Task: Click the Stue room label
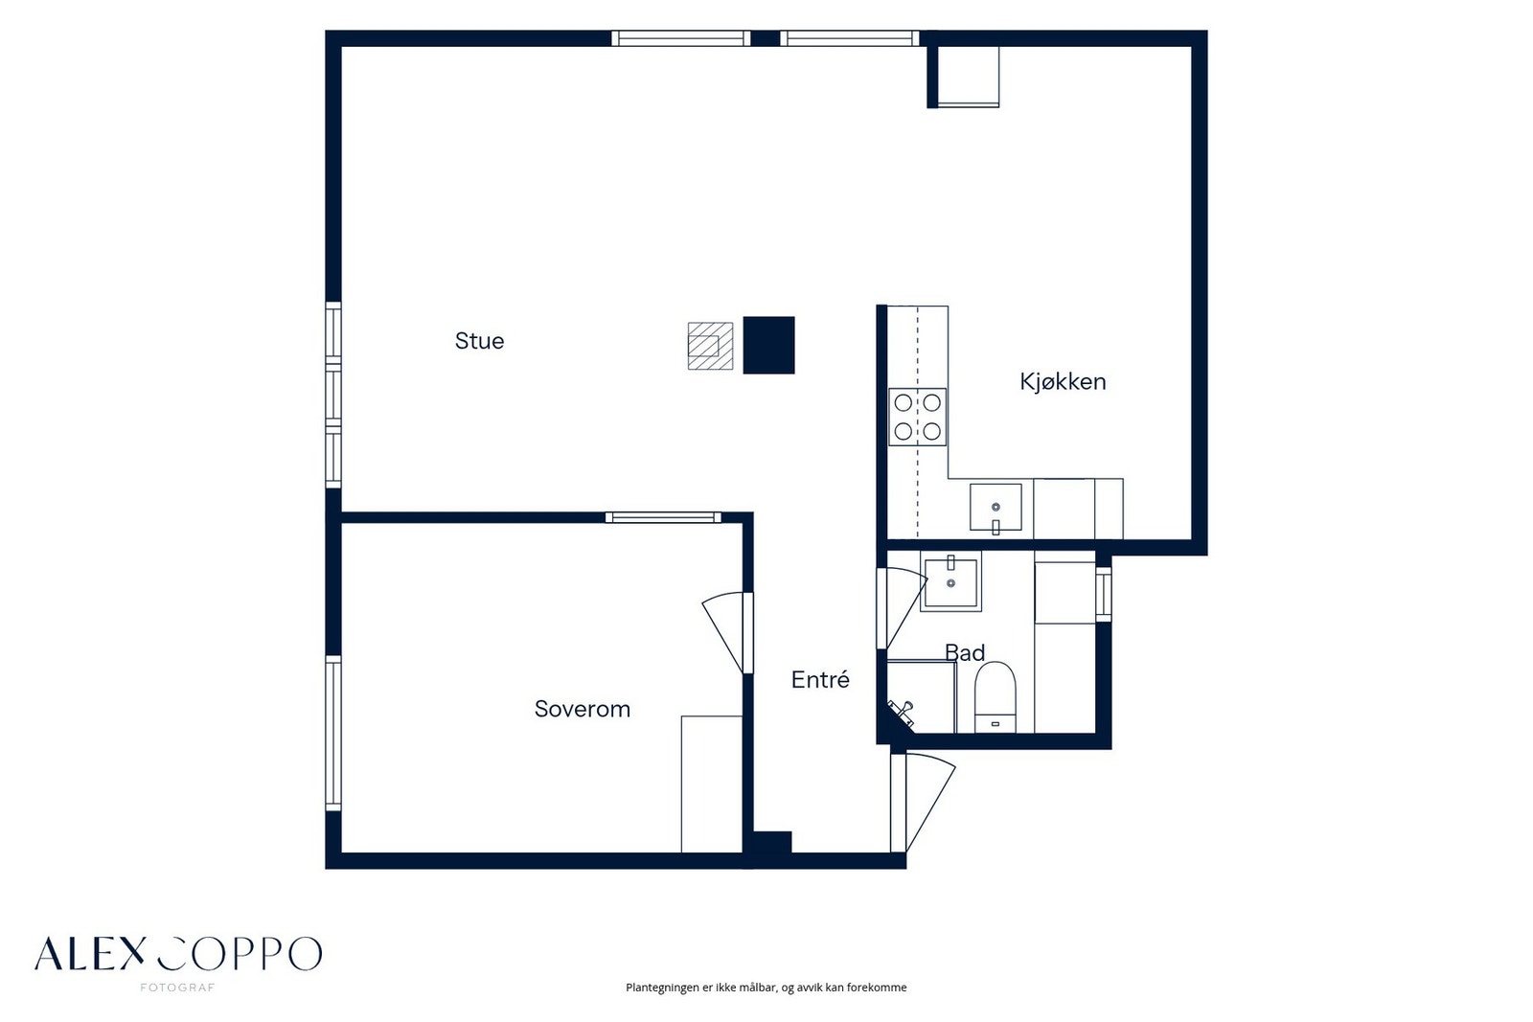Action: pyautogui.click(x=479, y=341)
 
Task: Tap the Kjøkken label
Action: pyautogui.click(x=1063, y=381)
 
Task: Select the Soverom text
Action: pyautogui.click(x=583, y=709)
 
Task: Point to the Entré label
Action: pyautogui.click(x=820, y=679)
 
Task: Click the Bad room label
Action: pyautogui.click(x=965, y=652)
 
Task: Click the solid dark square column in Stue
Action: pyautogui.click(x=768, y=345)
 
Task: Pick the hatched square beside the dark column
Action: pyautogui.click(x=710, y=346)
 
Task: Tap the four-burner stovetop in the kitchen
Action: pyautogui.click(x=917, y=418)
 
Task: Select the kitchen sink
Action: pyautogui.click(x=995, y=507)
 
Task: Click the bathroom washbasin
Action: pyautogui.click(x=950, y=581)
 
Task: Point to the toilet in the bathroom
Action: pyautogui.click(x=995, y=696)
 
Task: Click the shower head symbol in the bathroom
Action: pyautogui.click(x=901, y=712)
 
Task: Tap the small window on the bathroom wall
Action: pyautogui.click(x=1103, y=595)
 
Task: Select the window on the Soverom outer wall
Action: pyautogui.click(x=332, y=734)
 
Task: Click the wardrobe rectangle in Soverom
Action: pyautogui.click(x=712, y=784)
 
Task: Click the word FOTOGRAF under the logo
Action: pyautogui.click(x=177, y=988)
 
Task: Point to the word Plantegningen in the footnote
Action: pyautogui.click(x=662, y=988)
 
